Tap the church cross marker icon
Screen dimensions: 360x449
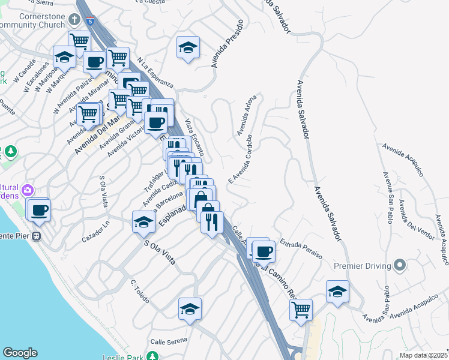pos(74,19)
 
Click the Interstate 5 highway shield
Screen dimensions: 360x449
pos(89,21)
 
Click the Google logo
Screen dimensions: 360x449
pos(20,353)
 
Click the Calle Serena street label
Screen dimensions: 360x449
pos(166,341)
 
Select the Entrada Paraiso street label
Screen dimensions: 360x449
pos(306,245)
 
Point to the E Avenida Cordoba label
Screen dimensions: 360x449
pos(238,160)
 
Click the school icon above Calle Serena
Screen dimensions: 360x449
pos(190,309)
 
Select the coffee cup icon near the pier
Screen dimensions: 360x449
pos(40,210)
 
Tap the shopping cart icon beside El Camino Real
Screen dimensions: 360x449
pos(301,310)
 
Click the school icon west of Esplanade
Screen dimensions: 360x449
pos(143,222)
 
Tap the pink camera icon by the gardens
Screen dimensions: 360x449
pos(27,191)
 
